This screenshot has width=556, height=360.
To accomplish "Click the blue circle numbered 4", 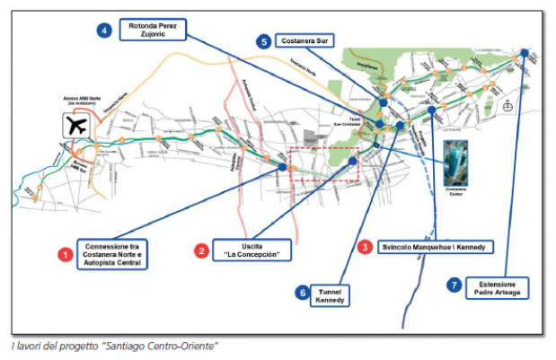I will (104, 31).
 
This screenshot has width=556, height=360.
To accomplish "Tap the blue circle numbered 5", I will (263, 42).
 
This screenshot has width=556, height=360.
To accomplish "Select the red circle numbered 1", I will (65, 255).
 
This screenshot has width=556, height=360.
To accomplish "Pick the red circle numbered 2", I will (203, 250).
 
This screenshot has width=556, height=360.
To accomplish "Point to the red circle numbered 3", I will (365, 246).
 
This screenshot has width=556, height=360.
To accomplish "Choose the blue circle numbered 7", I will (455, 285).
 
